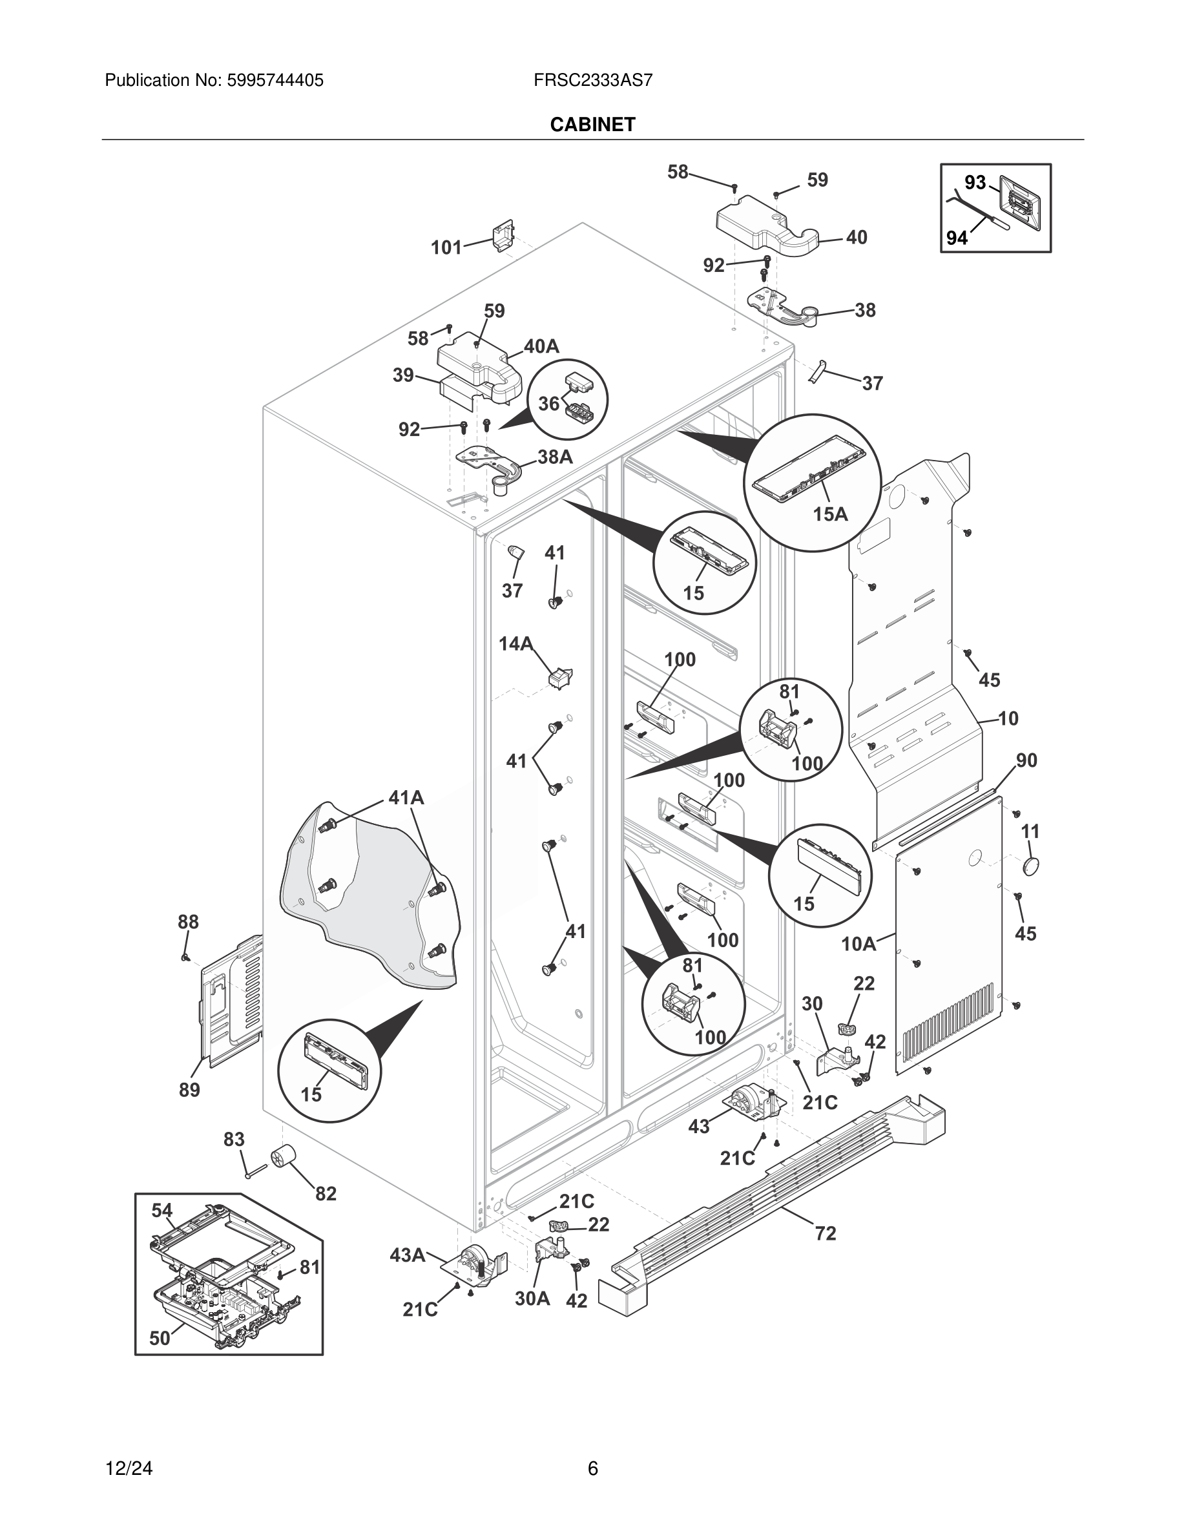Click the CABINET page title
(x=592, y=125)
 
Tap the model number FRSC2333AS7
(x=592, y=80)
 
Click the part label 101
(x=446, y=247)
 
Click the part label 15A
(x=830, y=514)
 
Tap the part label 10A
(x=858, y=944)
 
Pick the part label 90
(x=1026, y=760)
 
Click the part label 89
(x=189, y=1089)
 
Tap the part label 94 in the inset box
(x=957, y=238)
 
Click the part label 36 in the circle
(x=548, y=403)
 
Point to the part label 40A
(x=541, y=346)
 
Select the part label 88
(x=187, y=921)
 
